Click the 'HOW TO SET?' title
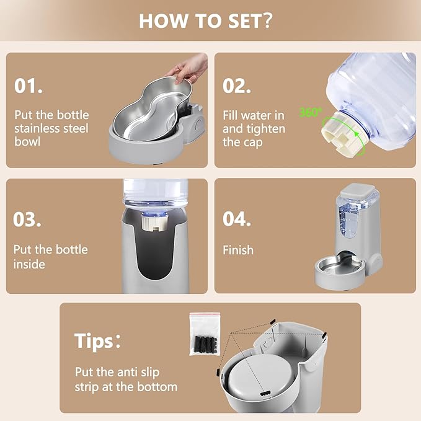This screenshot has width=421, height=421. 206,21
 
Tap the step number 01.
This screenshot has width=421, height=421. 29,86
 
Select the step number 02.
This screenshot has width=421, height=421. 237,86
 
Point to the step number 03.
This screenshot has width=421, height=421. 27,219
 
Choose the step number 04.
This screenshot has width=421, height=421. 237,219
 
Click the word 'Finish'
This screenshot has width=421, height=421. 238,250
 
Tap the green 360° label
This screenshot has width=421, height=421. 310,112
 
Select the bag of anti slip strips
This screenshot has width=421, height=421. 205,334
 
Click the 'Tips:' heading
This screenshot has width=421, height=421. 97,341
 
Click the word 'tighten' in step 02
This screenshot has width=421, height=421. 267,129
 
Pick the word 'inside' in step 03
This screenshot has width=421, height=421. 29,265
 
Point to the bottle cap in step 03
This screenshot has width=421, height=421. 155,221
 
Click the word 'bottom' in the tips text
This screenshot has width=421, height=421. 157,387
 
